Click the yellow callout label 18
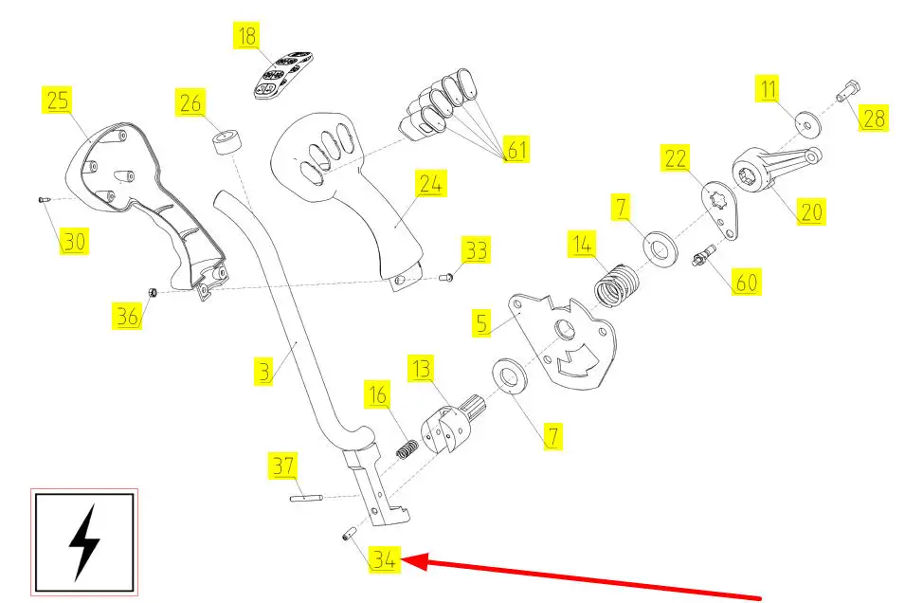click(246, 37)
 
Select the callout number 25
click(57, 100)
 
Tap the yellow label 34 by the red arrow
click(384, 560)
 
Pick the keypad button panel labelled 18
click(278, 75)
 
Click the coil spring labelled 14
click(617, 283)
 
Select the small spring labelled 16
click(407, 447)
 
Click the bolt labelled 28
click(847, 95)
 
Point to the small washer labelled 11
click(807, 120)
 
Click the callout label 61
click(516, 149)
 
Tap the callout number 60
click(747, 282)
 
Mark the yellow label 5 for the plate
click(482, 323)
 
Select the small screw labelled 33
click(447, 277)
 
